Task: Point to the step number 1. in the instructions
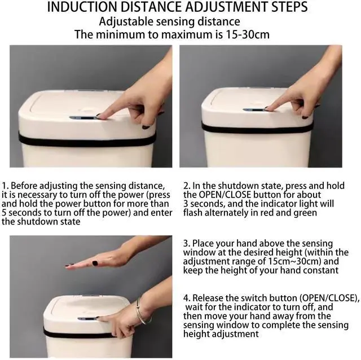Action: [x=6, y=186]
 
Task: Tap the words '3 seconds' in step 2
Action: [x=204, y=204]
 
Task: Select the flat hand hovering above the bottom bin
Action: [x=96, y=261]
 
